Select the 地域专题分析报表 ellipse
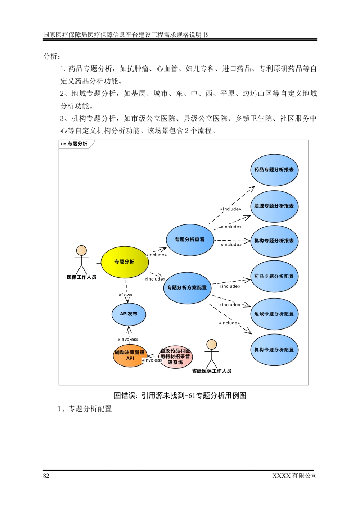(x=274, y=206)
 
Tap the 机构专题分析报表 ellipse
(x=274, y=241)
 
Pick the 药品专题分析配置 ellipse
(x=274, y=277)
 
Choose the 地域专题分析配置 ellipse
(x=274, y=314)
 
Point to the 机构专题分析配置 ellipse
(x=274, y=350)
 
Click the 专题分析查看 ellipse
(x=190, y=240)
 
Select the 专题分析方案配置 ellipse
(x=187, y=288)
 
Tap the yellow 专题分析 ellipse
(x=125, y=262)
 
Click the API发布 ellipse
(x=129, y=314)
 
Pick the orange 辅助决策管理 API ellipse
(x=130, y=355)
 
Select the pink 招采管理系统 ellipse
(x=176, y=357)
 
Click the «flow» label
(x=126, y=295)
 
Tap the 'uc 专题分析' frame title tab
(x=75, y=144)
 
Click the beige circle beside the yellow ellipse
(x=81, y=250)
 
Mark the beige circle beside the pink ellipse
(x=212, y=345)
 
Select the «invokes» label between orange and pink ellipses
(x=152, y=360)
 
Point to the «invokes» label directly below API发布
(x=128, y=339)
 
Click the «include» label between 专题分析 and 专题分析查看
(x=157, y=255)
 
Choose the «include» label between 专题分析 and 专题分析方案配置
(x=155, y=279)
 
